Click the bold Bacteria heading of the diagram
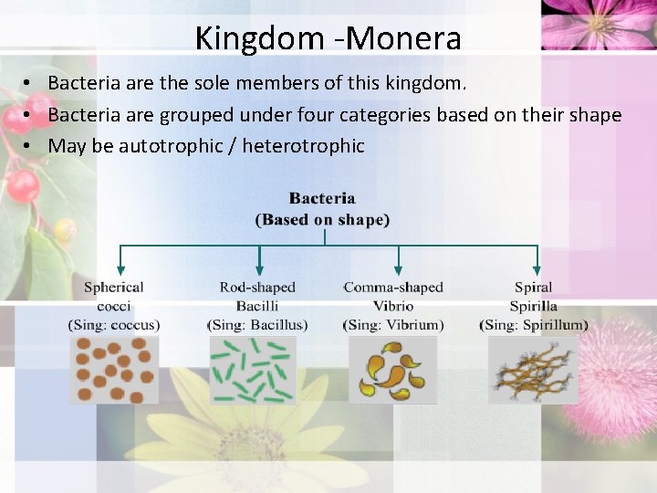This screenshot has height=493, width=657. (322, 198)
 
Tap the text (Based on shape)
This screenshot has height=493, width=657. (322, 219)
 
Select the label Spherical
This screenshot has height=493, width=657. (114, 288)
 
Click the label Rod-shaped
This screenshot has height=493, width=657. (256, 288)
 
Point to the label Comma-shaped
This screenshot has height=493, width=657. (393, 288)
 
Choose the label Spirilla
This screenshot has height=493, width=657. (533, 306)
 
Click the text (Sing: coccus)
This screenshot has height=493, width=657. (114, 324)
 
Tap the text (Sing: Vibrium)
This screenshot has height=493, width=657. (393, 324)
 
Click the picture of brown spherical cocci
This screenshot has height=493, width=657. (114, 370)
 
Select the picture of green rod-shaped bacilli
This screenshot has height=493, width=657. (254, 370)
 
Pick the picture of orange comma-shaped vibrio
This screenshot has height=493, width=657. (392, 370)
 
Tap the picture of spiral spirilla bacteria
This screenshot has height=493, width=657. (533, 370)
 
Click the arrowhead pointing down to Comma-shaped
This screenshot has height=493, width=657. (398, 269)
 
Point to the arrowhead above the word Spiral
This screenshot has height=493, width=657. (537, 269)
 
